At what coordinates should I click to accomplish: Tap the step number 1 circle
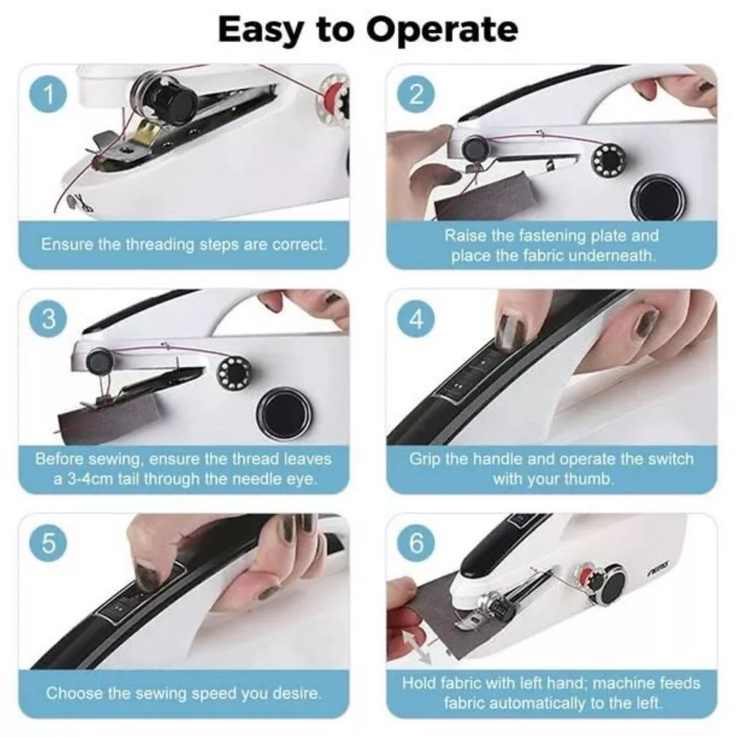click(x=49, y=95)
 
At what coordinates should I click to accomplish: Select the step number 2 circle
click(x=416, y=95)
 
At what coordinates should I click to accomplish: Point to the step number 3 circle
click(x=49, y=320)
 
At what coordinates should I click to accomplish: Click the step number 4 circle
click(x=416, y=320)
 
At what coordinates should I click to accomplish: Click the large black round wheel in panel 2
click(x=658, y=198)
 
